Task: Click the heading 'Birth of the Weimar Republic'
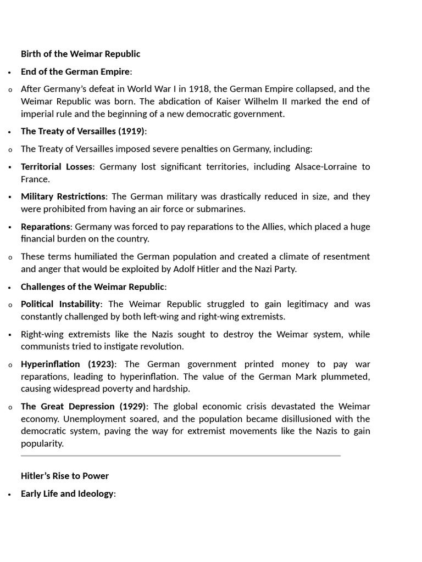pyautogui.click(x=80, y=54)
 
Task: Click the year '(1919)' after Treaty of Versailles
pyautogui.click(x=131, y=131)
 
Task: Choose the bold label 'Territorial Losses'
pyautogui.click(x=57, y=167)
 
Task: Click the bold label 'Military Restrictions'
pyautogui.click(x=63, y=196)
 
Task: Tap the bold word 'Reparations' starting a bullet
pyautogui.click(x=45, y=227)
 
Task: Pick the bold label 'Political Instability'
pyautogui.click(x=60, y=304)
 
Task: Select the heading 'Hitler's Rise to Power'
pyautogui.click(x=65, y=476)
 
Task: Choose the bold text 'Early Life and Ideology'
pyautogui.click(x=66, y=493)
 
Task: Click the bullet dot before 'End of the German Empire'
pyautogui.click(x=10, y=72)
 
